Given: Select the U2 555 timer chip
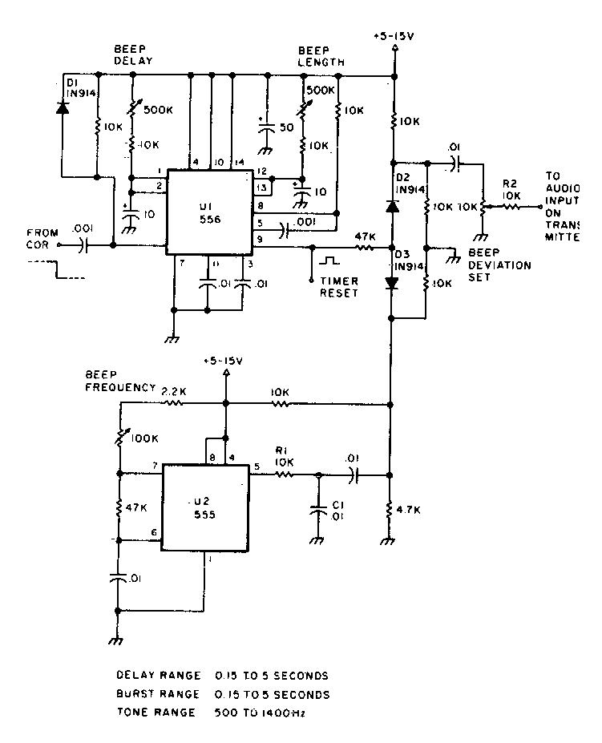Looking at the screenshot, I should point(205,507).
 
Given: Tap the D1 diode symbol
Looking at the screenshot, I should point(62,108).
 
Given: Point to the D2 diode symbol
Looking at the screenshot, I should point(393,205).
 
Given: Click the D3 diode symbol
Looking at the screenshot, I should point(393,283).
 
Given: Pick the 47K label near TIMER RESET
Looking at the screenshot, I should point(366,237).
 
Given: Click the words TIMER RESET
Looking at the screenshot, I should point(337,288).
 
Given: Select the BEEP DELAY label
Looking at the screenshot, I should point(132,55).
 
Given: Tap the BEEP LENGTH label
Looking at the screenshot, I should point(321,55).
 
